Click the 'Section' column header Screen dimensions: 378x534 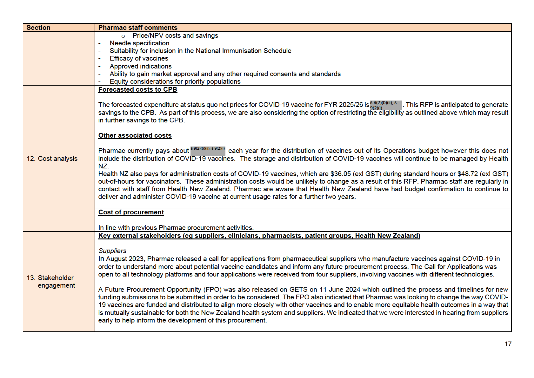[38, 28]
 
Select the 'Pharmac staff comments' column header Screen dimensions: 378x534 [138, 28]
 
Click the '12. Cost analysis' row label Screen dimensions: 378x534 [52, 159]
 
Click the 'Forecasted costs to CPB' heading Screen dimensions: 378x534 [137, 89]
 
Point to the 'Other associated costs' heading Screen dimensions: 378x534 [135, 135]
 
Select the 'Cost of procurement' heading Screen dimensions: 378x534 [131, 212]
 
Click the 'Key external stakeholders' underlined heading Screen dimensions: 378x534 [259, 236]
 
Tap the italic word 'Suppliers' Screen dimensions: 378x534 [112, 251]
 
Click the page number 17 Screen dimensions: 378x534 [508, 344]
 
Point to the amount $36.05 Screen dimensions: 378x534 [340, 174]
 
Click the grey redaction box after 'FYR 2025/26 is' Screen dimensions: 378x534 [386, 105]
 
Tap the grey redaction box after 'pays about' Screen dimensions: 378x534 [208, 151]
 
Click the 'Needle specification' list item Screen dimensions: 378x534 [139, 43]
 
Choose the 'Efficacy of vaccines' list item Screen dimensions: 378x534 [139, 58]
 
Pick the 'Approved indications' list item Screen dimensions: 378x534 [141, 66]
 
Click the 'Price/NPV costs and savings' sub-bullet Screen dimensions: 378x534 [175, 36]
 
